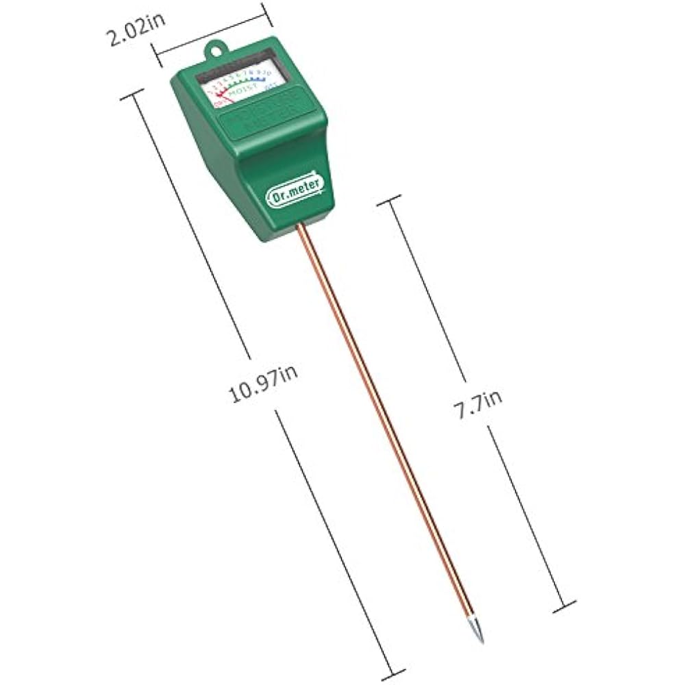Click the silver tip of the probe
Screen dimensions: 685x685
tap(477, 632)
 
